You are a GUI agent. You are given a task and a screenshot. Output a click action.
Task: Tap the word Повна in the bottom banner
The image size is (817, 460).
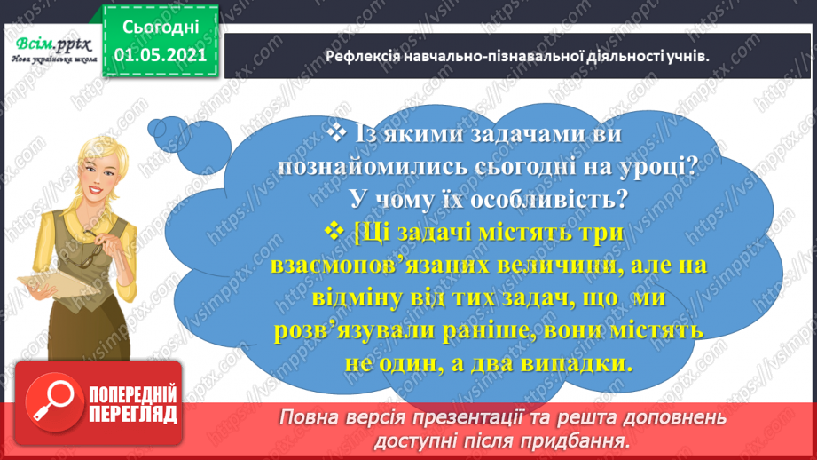(x=310, y=417)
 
